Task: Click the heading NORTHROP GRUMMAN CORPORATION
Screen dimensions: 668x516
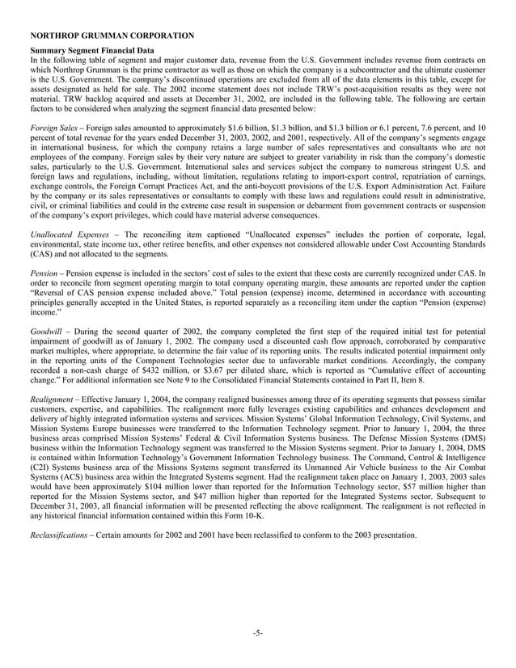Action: click(x=111, y=36)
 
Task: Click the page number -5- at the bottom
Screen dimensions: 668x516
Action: click(x=258, y=632)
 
